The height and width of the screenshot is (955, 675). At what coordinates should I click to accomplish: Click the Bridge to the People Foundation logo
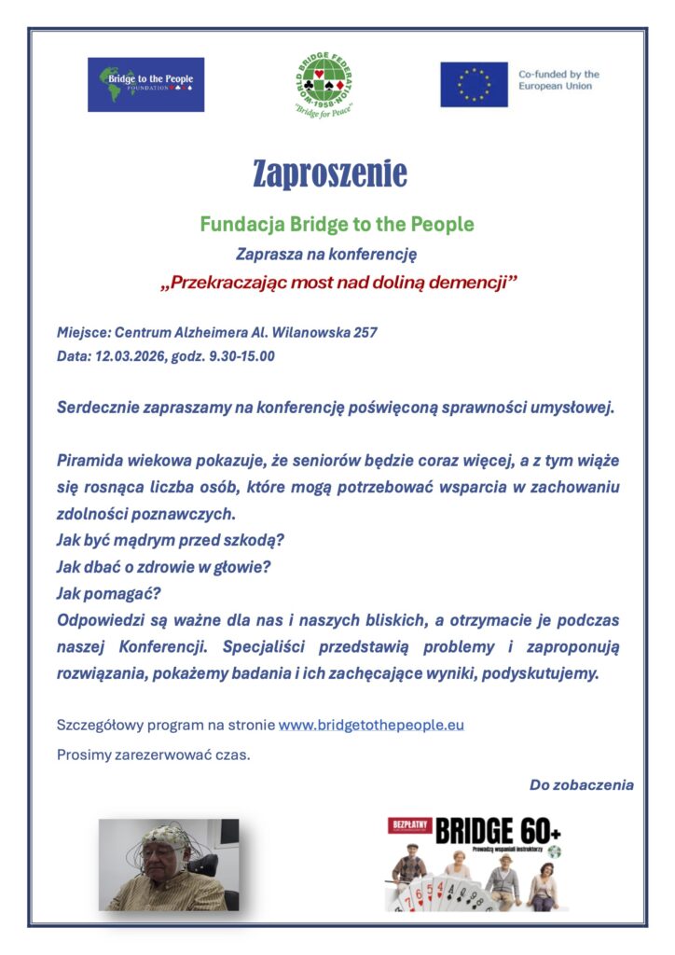(x=146, y=85)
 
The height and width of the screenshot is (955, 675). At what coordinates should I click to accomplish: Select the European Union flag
(x=474, y=85)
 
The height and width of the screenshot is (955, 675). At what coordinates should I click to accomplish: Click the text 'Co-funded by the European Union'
(x=558, y=80)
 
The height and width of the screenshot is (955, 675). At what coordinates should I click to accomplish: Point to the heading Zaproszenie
(x=330, y=173)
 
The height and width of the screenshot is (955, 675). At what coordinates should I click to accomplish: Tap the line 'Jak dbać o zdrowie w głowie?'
(x=163, y=567)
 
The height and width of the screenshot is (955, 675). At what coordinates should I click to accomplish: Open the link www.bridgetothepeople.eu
(x=371, y=725)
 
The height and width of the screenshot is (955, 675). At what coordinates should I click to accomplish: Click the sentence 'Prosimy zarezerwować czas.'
(x=154, y=754)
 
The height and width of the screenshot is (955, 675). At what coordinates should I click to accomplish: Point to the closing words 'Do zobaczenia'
(x=581, y=784)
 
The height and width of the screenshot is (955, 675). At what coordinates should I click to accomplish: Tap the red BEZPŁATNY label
(x=409, y=824)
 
